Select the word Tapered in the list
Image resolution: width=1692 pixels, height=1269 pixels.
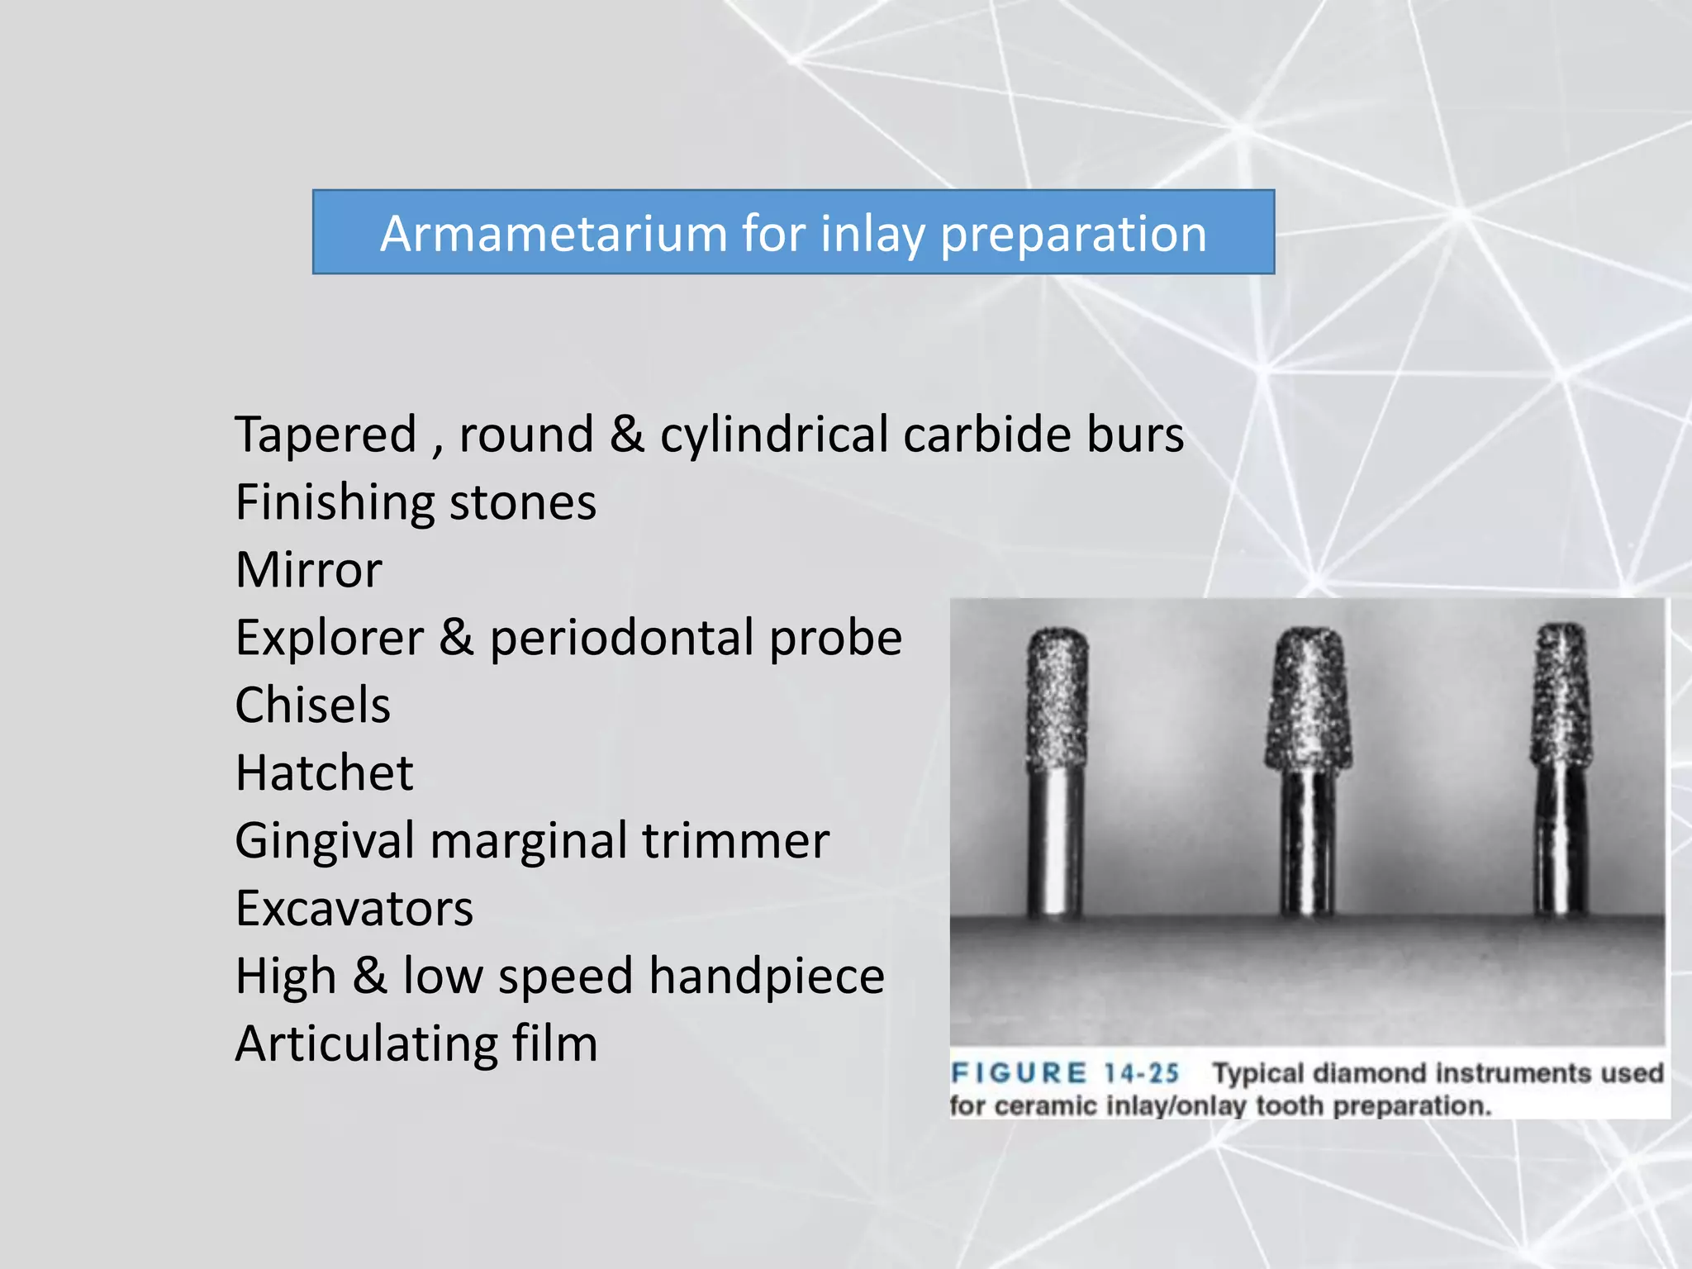pos(326,435)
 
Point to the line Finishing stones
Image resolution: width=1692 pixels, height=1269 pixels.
pos(416,502)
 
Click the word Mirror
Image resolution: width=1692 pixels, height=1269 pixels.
pos(309,570)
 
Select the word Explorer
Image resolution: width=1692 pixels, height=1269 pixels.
pos(329,638)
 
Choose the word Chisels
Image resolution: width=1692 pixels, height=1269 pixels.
pos(312,706)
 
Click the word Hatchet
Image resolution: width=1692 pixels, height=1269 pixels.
pos(324,773)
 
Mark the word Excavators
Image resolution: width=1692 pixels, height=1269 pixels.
pos(354,909)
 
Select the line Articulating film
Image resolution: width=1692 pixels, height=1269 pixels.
pos(416,1043)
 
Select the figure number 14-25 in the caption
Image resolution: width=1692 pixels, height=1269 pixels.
pos(1141,1073)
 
